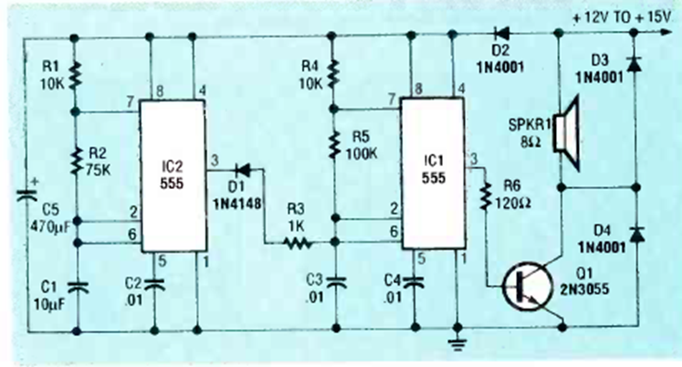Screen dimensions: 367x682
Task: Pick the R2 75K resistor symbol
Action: pos(76,164)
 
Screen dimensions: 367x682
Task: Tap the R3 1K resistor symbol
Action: pos(296,244)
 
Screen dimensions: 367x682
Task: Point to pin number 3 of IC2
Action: pos(215,161)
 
